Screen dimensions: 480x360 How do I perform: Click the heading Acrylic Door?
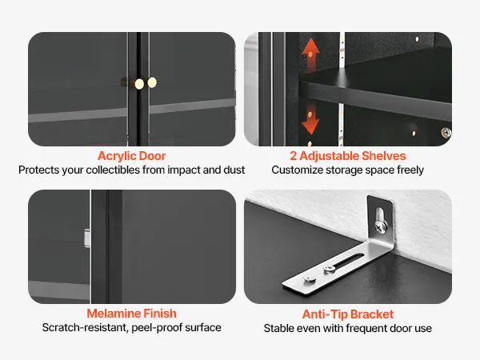(132, 156)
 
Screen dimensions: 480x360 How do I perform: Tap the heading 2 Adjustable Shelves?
(348, 156)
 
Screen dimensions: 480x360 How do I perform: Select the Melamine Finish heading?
(132, 314)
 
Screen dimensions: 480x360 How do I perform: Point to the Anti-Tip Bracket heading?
(348, 314)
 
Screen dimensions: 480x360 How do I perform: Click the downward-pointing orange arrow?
(310, 118)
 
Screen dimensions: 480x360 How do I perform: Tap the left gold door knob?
(139, 84)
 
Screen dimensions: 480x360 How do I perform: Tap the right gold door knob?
(152, 82)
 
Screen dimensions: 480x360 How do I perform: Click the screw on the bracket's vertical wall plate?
(381, 227)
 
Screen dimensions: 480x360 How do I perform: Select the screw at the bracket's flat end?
(309, 279)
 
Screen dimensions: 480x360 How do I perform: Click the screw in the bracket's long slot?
(330, 268)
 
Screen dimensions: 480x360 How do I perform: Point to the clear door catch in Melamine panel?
(87, 238)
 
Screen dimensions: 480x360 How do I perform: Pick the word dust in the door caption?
(234, 170)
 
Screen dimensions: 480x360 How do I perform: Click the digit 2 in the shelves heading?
(294, 156)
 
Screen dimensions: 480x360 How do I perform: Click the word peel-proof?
(157, 328)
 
